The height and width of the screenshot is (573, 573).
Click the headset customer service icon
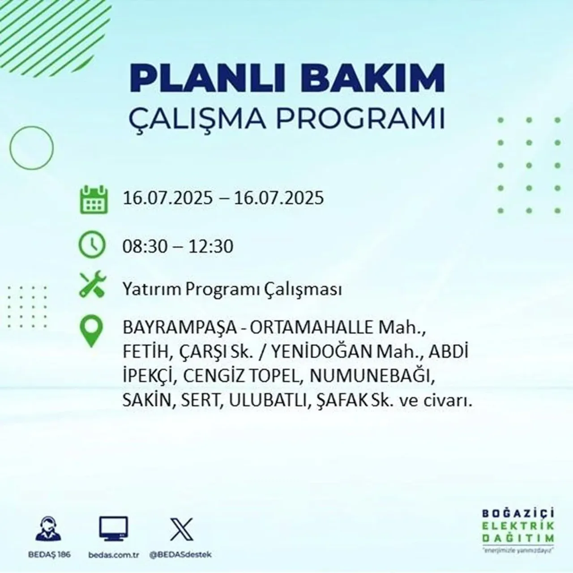[x=48, y=530]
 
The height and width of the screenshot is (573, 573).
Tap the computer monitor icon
[x=113, y=530]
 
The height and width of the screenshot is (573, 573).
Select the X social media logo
[x=181, y=529]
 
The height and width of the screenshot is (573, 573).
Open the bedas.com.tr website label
[x=113, y=555]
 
